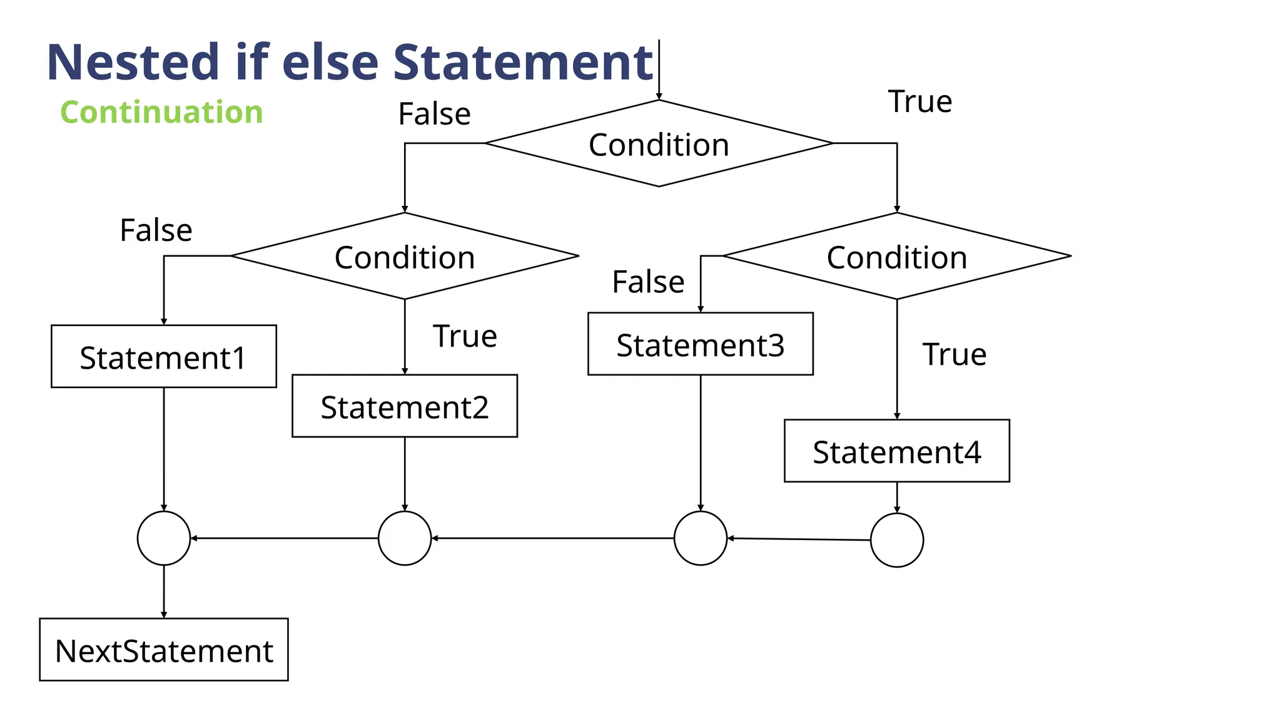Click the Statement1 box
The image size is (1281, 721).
point(163,356)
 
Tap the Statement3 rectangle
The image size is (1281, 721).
point(700,344)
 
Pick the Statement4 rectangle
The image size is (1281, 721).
point(896,451)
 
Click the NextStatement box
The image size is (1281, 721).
point(163,650)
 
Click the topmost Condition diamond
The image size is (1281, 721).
point(659,143)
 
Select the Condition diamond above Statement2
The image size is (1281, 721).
point(404,256)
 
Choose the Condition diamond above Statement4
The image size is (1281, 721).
point(896,256)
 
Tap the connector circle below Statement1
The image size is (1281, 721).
point(163,538)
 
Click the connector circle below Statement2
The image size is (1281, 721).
point(404,538)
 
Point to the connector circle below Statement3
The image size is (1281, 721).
point(700,538)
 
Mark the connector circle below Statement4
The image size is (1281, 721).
point(896,540)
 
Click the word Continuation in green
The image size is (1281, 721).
point(161,113)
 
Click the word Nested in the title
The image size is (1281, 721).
point(133,63)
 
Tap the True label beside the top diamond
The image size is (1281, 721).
point(919,101)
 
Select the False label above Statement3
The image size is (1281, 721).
point(647,282)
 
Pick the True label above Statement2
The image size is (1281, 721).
point(465,336)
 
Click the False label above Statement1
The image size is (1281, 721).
point(156,230)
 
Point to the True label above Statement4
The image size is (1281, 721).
point(954,354)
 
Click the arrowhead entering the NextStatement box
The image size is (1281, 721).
point(164,615)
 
